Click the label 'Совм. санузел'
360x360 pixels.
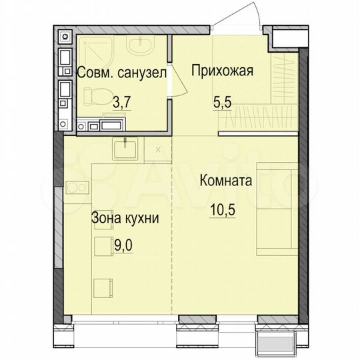121,73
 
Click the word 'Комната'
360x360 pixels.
224,181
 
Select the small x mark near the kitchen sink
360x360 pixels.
157,149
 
